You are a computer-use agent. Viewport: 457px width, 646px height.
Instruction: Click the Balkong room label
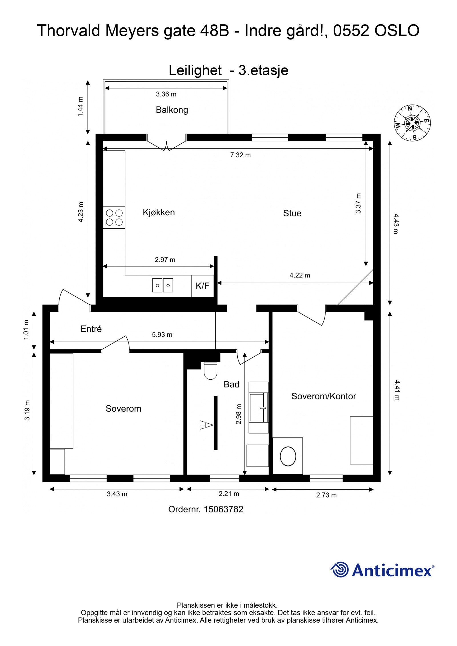[172, 110]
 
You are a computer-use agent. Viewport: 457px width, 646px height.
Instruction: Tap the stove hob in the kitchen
[114, 217]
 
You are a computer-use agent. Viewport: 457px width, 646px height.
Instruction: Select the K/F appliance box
[202, 286]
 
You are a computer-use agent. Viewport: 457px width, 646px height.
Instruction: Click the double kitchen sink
[162, 285]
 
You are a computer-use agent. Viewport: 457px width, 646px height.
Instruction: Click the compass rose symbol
[412, 123]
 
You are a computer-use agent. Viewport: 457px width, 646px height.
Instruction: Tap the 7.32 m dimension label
[240, 155]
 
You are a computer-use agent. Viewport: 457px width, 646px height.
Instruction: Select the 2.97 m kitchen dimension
[165, 260]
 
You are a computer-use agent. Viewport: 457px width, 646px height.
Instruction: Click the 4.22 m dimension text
[300, 275]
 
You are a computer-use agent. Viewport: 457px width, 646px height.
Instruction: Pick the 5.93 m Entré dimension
[162, 335]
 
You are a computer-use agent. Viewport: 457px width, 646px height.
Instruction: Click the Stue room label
[292, 213]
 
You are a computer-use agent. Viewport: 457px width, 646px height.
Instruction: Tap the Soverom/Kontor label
[323, 396]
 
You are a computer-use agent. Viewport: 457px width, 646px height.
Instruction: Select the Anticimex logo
[382, 569]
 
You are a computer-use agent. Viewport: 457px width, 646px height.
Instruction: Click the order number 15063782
[223, 509]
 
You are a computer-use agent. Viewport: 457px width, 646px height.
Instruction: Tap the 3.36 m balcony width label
[166, 94]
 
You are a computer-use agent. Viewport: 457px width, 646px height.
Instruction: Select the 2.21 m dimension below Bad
[229, 494]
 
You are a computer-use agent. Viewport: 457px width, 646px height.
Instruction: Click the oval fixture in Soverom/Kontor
[288, 456]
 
